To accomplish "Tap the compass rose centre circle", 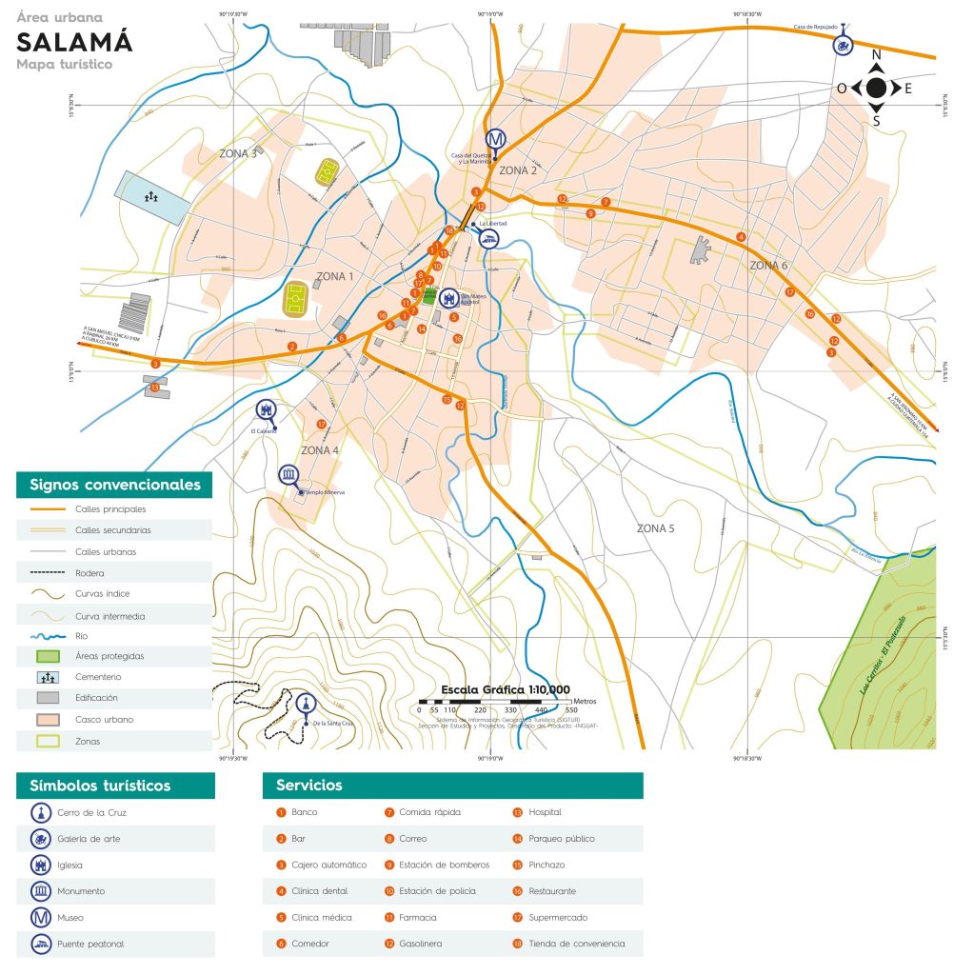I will point(876,89).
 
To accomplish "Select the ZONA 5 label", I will point(655,527).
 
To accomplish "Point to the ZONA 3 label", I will point(238,153).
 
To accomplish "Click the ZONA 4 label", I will point(320,450).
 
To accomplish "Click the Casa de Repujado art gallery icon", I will point(842,44).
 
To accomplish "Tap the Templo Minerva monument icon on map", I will point(288,475).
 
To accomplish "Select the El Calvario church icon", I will point(266,410).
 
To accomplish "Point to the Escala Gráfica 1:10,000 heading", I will point(505,689).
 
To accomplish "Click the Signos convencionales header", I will point(114,485).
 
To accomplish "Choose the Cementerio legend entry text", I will point(99,676).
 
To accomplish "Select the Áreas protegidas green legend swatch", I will point(48,656).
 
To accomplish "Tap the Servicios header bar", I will point(452,786).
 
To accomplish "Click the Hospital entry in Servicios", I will point(545,812).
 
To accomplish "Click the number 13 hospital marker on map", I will point(154,388).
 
